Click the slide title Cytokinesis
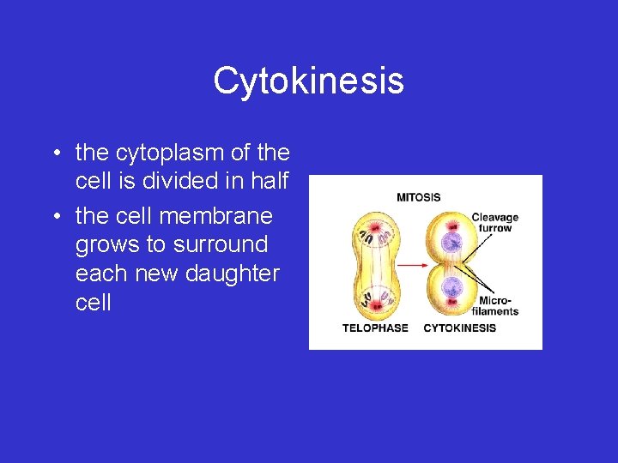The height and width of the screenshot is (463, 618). [x=308, y=81]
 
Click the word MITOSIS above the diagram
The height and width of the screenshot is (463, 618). [x=418, y=197]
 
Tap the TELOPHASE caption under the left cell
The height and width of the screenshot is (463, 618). [x=375, y=328]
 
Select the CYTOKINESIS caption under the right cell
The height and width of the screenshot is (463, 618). [x=459, y=328]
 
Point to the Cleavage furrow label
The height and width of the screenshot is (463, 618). [x=495, y=223]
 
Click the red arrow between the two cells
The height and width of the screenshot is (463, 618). [x=413, y=266]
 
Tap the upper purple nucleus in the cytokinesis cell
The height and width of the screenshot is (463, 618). [x=451, y=241]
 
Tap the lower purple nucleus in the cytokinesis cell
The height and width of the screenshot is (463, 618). [x=451, y=291]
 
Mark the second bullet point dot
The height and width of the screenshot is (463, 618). [x=55, y=215]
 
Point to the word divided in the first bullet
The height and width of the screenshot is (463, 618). [x=181, y=183]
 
